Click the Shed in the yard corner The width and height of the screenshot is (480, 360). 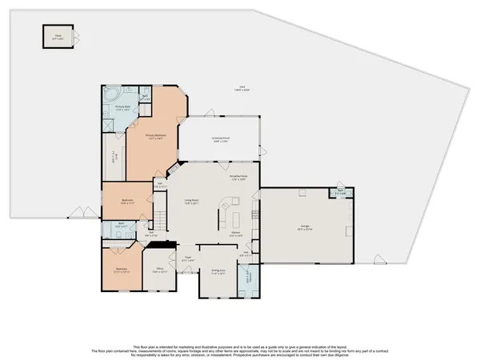tap(58, 36)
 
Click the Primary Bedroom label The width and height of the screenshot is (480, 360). tap(154, 137)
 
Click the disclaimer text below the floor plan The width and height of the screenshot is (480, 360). tap(240, 346)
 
